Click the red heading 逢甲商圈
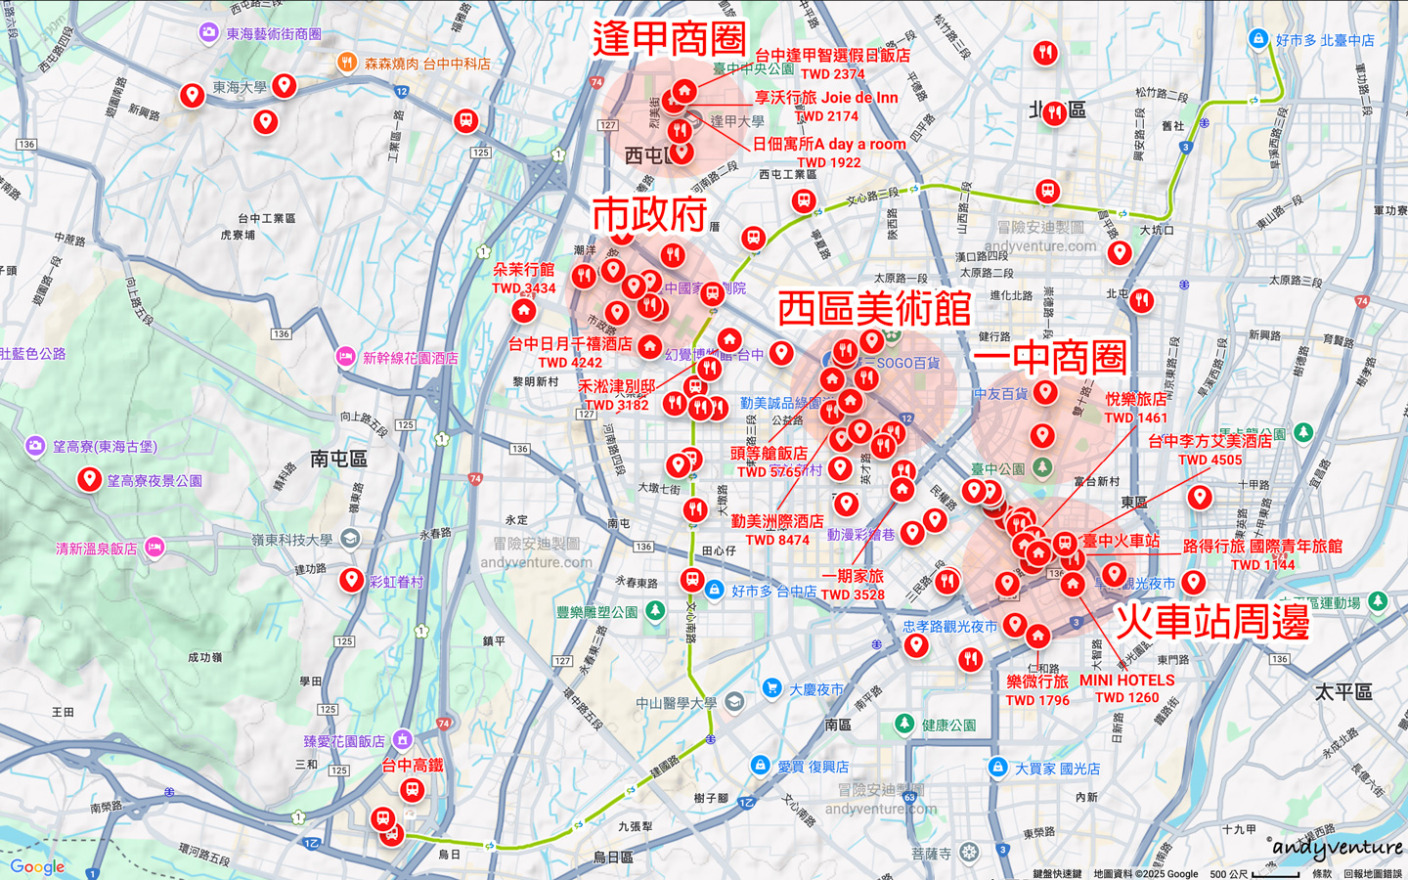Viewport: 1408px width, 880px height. (x=669, y=39)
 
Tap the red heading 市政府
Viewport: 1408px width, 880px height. (x=649, y=214)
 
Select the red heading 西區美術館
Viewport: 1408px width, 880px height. (x=874, y=309)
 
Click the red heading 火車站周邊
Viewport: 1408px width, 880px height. (x=1212, y=622)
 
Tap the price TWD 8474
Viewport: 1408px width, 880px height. (x=777, y=540)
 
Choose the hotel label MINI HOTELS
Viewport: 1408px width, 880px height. (x=1127, y=681)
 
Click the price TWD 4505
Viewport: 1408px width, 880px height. (x=1210, y=460)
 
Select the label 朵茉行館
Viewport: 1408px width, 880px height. (x=523, y=270)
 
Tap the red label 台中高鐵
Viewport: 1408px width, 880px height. (x=413, y=765)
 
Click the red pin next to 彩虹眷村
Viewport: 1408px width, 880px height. (x=351, y=580)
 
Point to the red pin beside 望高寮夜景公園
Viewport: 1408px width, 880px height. (x=89, y=479)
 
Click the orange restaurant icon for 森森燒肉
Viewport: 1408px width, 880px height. (x=346, y=63)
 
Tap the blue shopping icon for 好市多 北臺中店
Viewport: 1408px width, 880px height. (x=1258, y=39)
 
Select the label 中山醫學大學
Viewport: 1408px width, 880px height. (x=677, y=703)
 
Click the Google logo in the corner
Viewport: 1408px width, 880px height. (x=37, y=866)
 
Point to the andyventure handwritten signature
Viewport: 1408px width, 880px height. (x=1338, y=848)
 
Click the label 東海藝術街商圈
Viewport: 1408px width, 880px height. (x=274, y=34)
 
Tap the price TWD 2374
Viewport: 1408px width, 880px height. (x=832, y=73)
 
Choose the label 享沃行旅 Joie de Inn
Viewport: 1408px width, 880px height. (x=826, y=98)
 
